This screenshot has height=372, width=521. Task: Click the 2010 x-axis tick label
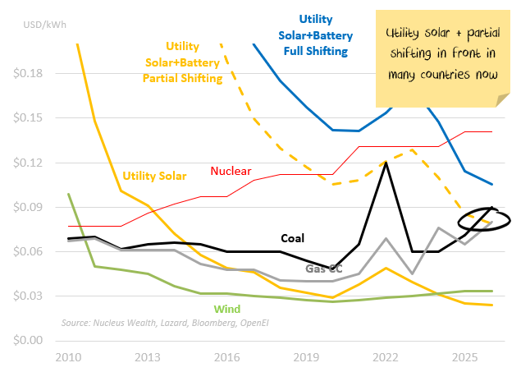(69, 358)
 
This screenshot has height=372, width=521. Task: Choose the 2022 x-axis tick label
(386, 358)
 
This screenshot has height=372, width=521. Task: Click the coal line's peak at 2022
(386, 163)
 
